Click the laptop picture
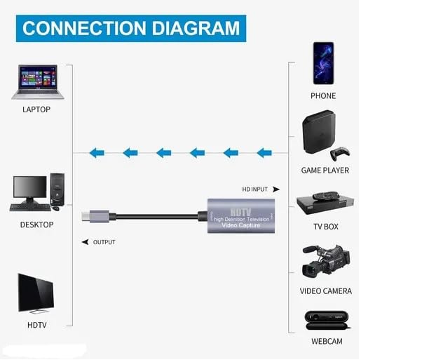click(37, 82)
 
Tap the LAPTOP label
click(36, 110)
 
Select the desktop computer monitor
click(30, 188)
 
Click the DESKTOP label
click(36, 225)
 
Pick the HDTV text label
click(36, 325)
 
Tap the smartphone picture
click(323, 62)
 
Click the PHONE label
click(323, 96)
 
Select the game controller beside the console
click(341, 152)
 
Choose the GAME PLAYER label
click(325, 171)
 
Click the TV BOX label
click(325, 227)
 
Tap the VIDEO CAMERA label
click(326, 291)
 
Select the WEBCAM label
click(326, 342)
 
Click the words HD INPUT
click(256, 189)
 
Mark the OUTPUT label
click(104, 242)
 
